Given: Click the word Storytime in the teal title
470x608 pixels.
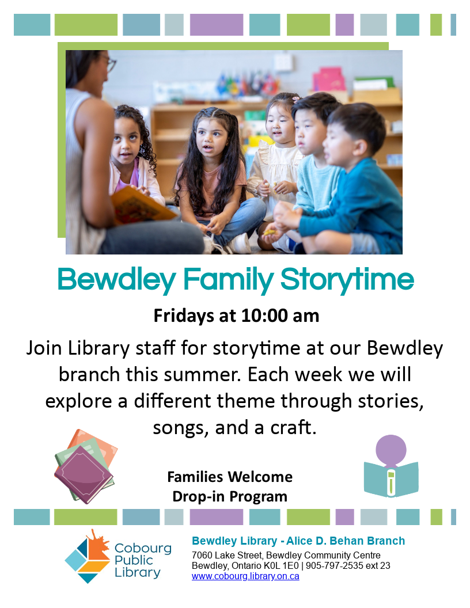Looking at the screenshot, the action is click(347, 280).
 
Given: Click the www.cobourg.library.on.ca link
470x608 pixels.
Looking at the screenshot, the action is click(245, 576).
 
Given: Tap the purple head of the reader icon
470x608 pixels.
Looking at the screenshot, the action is click(391, 450).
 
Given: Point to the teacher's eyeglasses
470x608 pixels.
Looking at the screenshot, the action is click(109, 63).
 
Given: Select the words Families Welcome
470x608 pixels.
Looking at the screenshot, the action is click(230, 477).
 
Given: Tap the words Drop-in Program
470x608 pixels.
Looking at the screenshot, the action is click(230, 497).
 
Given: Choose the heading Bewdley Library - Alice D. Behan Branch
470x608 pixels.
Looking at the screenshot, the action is click(298, 541).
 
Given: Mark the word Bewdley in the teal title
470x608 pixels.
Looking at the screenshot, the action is click(117, 280).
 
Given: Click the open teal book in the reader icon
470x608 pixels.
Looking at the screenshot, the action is click(391, 479).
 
